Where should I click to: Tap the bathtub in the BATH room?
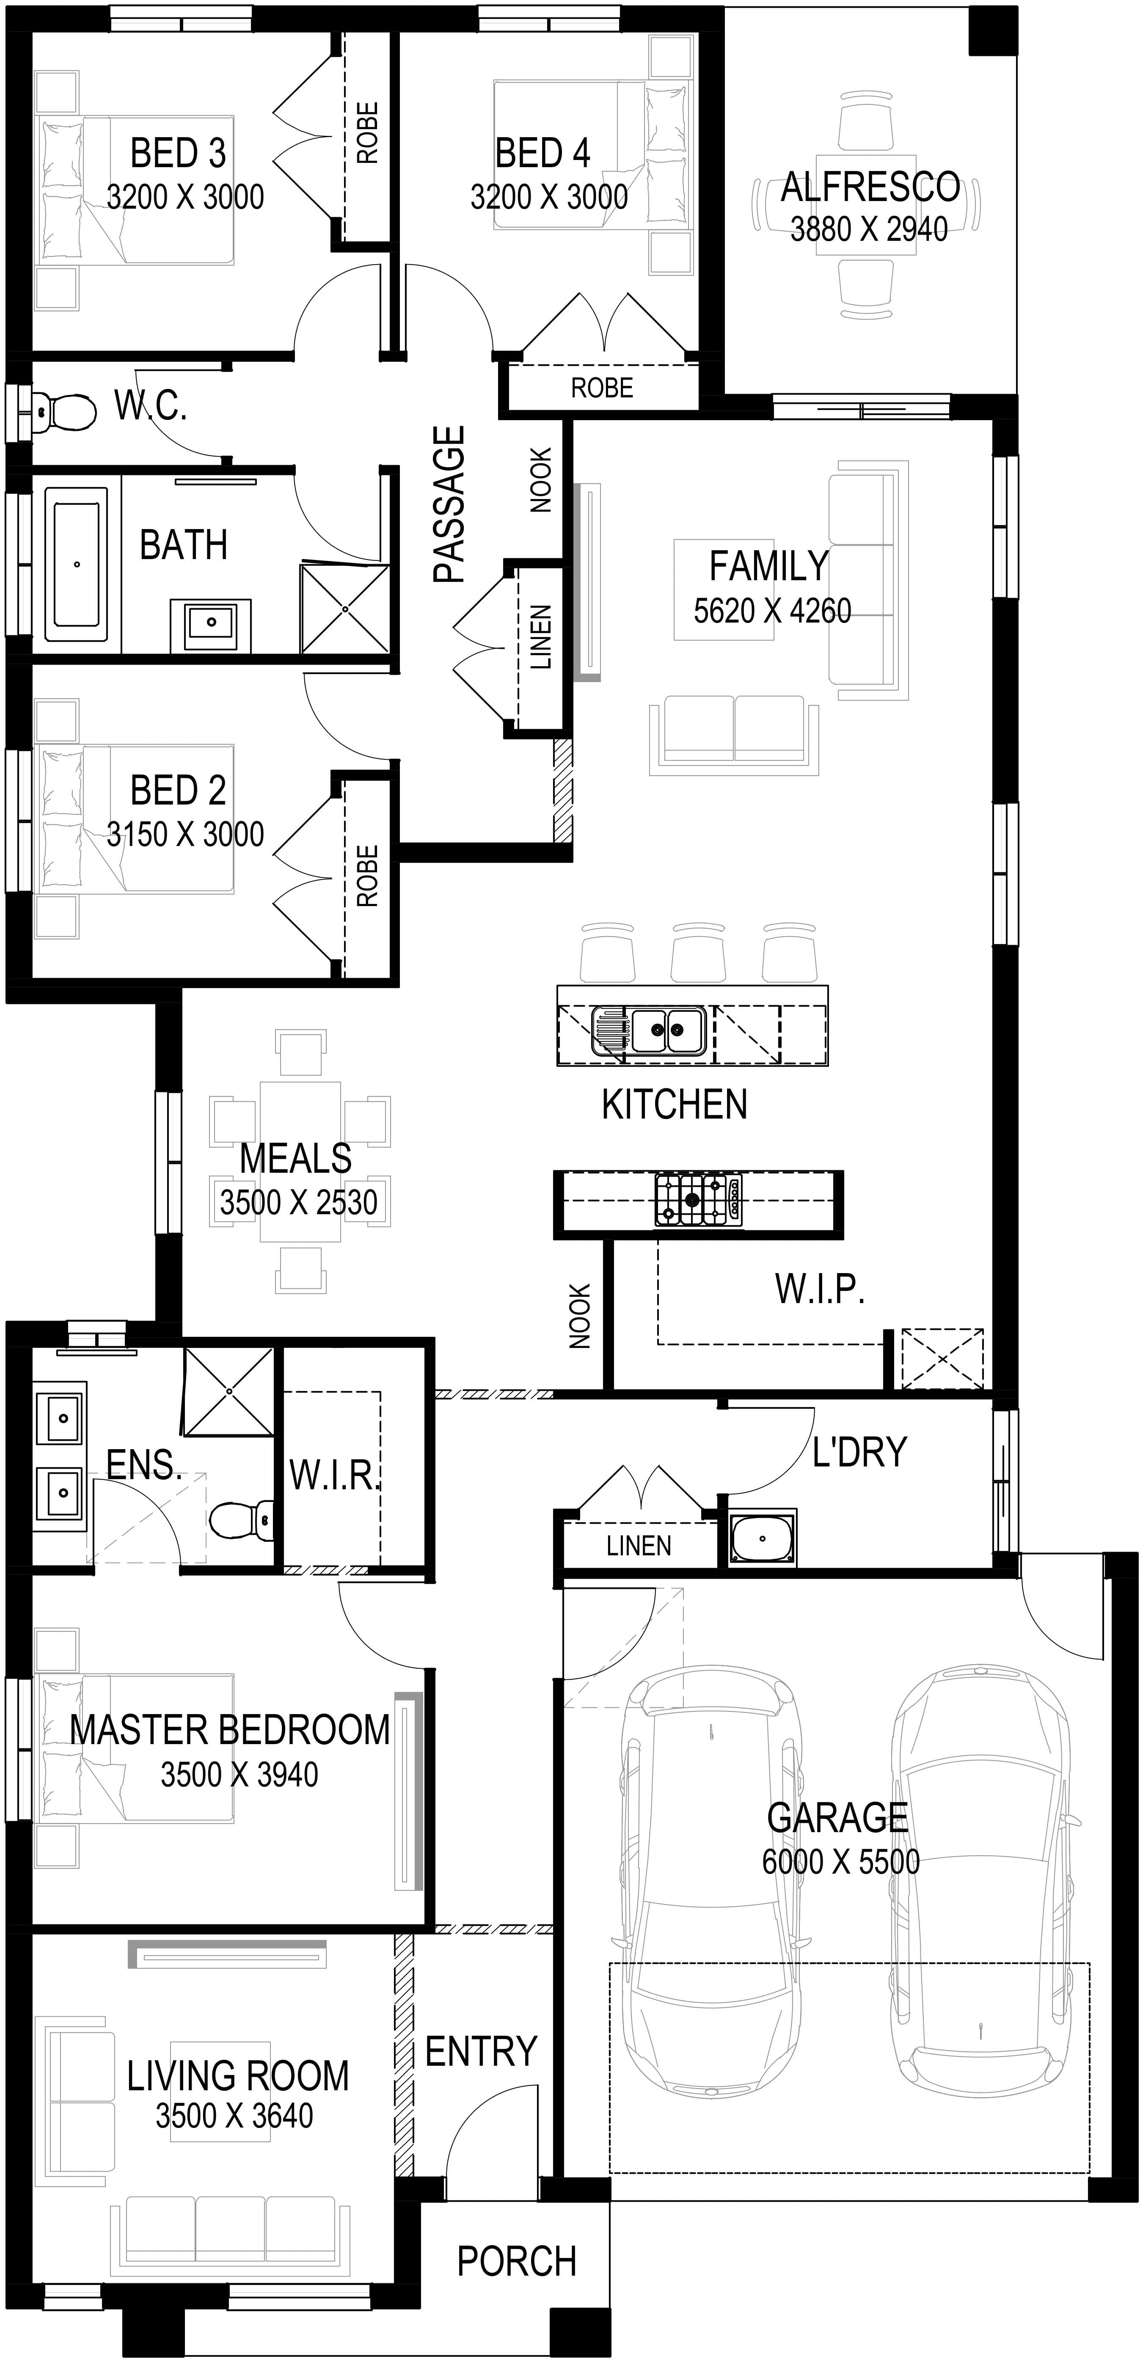[x=76, y=564]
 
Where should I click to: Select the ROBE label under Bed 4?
[x=602, y=388]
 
